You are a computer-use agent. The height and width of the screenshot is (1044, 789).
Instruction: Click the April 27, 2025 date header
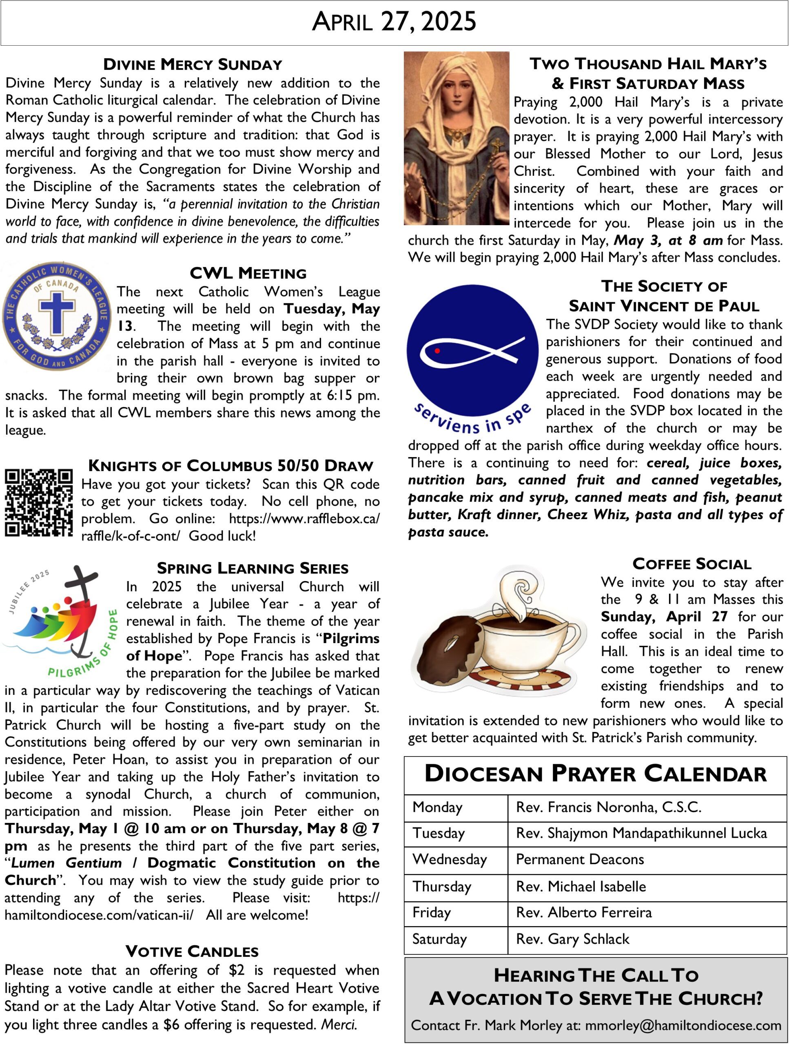394,22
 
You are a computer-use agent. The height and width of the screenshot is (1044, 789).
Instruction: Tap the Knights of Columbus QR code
39,503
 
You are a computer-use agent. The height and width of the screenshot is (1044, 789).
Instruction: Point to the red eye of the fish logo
437,351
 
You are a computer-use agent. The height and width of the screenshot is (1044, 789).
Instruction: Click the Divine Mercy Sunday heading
193,64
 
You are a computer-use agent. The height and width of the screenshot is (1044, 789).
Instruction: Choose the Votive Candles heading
192,951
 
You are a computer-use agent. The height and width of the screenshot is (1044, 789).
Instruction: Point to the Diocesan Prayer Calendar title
595,774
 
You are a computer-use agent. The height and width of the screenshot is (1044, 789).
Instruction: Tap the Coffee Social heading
692,564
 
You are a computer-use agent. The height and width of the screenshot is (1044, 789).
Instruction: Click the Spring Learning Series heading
253,568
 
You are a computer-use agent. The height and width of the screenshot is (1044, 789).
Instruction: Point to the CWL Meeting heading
248,273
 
